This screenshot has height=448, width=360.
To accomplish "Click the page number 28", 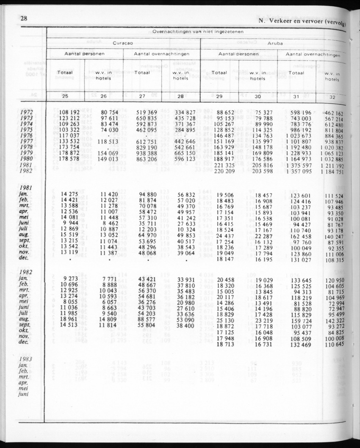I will (24, 18).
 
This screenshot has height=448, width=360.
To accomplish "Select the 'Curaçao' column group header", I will (123, 43).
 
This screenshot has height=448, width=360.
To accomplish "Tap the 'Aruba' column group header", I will (275, 43).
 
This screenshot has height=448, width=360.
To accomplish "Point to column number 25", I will (65, 96).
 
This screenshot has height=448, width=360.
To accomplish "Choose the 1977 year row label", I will (27, 142).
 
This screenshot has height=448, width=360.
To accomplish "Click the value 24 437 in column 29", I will (223, 236).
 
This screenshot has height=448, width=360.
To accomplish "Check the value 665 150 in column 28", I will (185, 153).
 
